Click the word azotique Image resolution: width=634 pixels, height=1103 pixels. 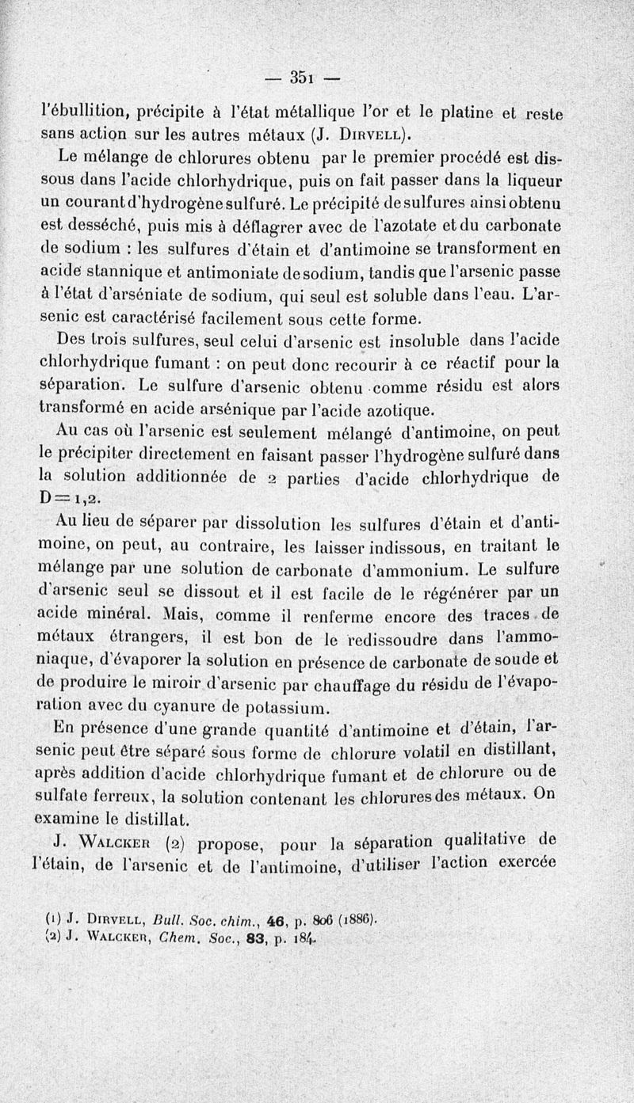pyautogui.click(x=402, y=409)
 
